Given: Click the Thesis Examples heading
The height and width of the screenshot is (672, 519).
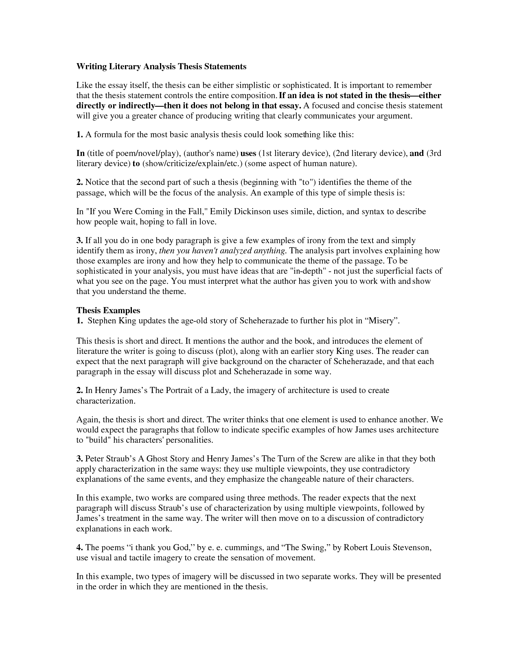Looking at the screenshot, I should coord(108,310).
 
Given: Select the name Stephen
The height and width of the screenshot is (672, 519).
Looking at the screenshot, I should coord(102,321).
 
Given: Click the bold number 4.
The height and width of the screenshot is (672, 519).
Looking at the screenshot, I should coord(80,548).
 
